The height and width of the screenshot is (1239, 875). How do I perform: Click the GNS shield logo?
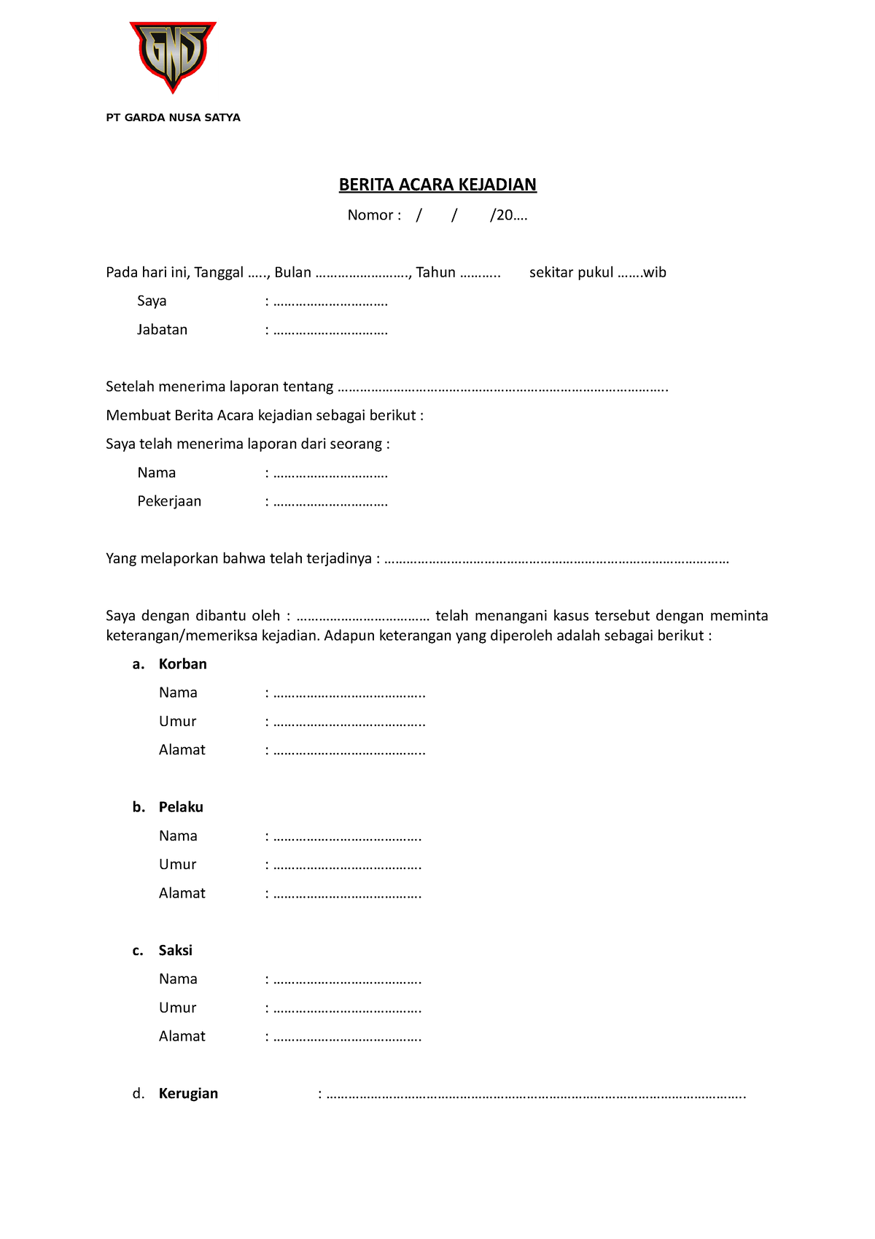tap(173, 56)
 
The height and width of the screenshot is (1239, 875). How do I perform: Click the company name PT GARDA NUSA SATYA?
tap(173, 117)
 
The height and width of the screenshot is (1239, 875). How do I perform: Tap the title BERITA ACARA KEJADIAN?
tap(437, 185)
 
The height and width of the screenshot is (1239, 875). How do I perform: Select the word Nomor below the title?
tap(370, 215)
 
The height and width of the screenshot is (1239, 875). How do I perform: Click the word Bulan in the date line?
tap(292, 273)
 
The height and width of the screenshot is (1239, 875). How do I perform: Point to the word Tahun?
tap(435, 273)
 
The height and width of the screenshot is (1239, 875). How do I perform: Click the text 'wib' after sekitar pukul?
tap(655, 273)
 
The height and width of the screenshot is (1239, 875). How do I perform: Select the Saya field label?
tap(152, 301)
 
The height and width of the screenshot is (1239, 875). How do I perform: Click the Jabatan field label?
tap(162, 330)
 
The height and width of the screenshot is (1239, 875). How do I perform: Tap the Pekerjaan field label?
tap(169, 501)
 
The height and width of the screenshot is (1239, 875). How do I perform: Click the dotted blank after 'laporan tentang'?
tap(503, 387)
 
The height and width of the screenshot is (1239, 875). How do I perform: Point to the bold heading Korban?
tap(182, 664)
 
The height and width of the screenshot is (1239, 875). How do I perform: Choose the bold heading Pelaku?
tap(181, 807)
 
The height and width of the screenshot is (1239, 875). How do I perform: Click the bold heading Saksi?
tap(175, 950)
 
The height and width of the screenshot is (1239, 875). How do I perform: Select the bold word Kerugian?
tap(188, 1093)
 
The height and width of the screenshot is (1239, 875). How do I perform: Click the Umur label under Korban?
tap(177, 722)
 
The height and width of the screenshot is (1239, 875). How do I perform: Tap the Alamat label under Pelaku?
tap(182, 893)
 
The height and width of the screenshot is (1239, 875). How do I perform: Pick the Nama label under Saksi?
tap(178, 979)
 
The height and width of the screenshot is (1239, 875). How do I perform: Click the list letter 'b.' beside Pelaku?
tap(139, 807)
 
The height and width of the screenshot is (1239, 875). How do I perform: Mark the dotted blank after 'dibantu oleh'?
tap(363, 617)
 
